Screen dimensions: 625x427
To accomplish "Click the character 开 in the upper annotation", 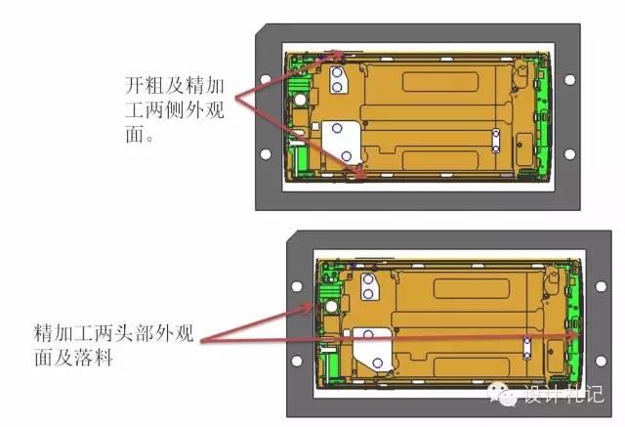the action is coord(135,85).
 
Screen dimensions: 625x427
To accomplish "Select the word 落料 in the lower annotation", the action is coord(93,357).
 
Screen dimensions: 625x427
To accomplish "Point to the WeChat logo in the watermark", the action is coord(503,393).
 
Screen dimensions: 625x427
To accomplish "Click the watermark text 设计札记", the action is coord(563,393).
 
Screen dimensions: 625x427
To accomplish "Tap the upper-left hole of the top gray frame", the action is coord(266,79).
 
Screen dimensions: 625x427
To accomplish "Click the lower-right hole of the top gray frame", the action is coord(569,153).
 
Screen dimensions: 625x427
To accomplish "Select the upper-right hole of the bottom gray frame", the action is coord(601,286).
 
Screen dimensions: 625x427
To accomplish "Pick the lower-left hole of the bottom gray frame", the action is coord(297,361).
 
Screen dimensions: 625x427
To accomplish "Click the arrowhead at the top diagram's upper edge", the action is coord(338,55).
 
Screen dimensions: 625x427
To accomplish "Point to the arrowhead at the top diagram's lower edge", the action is coord(359,174).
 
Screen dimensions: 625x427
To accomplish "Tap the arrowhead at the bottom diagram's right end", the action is coord(574,336).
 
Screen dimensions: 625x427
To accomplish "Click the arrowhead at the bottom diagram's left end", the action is coord(308,308).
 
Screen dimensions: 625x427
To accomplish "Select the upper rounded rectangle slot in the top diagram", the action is coord(440,82).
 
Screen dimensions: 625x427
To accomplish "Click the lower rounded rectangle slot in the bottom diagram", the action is coord(472,366).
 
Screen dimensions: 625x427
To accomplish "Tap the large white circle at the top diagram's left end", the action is coord(300,100).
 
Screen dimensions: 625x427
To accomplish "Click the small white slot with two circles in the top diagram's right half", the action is coord(496,141).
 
